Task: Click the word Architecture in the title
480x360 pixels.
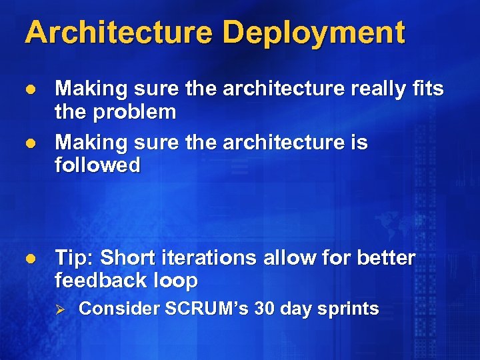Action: [117, 32]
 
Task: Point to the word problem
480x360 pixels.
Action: [135, 112]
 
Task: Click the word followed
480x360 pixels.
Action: [97, 165]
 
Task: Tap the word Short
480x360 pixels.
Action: [127, 257]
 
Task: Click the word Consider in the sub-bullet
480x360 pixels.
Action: [110, 309]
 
